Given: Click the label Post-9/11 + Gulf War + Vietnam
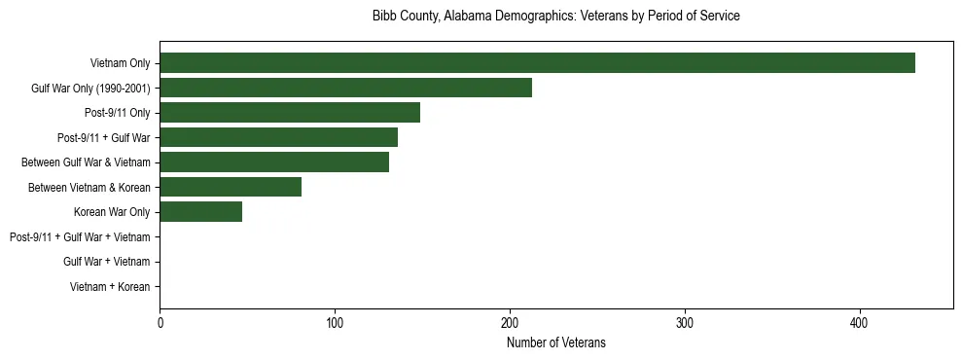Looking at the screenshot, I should [80, 237].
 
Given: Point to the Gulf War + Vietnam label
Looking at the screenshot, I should [107, 262].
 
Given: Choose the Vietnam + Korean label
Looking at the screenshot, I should [110, 287].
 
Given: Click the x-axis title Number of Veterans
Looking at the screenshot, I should [556, 342].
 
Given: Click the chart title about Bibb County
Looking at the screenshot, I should [556, 17].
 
